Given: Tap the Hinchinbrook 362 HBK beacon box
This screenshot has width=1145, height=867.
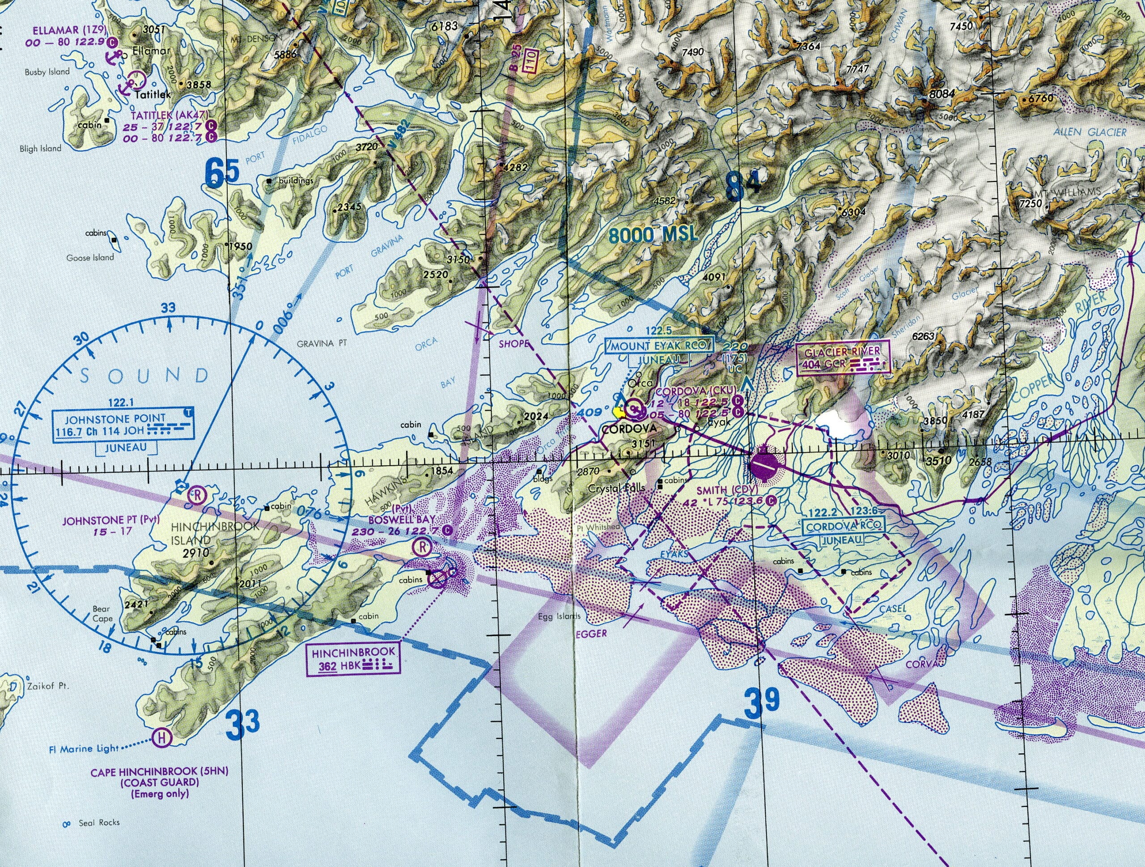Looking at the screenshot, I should (x=353, y=659).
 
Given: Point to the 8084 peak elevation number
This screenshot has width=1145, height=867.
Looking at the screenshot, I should (x=941, y=95).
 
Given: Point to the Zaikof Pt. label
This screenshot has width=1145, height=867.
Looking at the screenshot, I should (x=47, y=687).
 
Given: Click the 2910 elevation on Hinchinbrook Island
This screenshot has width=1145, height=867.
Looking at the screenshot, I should (x=195, y=553).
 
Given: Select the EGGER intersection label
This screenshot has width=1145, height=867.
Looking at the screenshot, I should (x=589, y=633).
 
